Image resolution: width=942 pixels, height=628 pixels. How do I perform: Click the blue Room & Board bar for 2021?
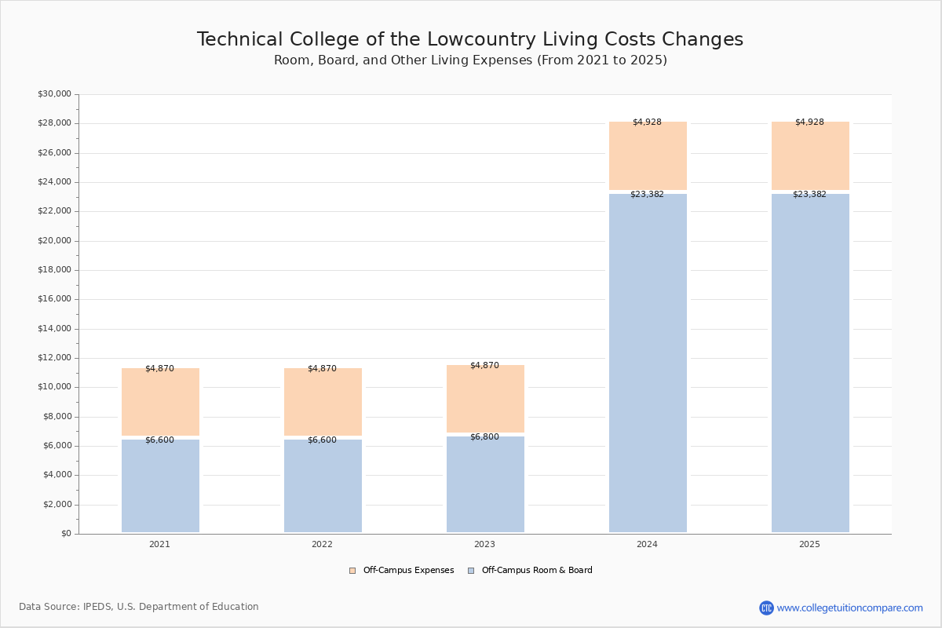[160, 487]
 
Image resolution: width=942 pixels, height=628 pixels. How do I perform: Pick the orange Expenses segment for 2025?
[810, 155]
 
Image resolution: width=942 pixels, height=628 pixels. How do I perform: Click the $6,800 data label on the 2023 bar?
[484, 437]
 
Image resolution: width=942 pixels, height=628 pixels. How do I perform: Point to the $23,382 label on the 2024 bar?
[647, 195]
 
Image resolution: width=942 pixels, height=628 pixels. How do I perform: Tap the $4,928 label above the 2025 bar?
[809, 122]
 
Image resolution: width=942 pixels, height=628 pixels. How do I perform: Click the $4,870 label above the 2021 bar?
[159, 369]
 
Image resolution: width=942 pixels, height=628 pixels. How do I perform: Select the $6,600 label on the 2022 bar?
[322, 440]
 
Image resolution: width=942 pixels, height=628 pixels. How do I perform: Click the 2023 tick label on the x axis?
[484, 545]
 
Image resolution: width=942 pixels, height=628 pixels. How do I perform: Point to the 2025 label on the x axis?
[809, 545]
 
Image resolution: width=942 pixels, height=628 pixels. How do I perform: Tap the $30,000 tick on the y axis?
[54, 94]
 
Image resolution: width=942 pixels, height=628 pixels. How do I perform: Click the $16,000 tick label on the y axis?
[54, 299]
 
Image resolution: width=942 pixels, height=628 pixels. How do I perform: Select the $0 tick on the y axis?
[66, 534]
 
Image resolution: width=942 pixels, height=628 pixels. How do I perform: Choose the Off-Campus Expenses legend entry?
[402, 571]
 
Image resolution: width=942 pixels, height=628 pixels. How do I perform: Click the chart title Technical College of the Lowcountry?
[470, 40]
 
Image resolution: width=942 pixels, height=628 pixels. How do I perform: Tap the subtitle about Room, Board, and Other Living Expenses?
[470, 60]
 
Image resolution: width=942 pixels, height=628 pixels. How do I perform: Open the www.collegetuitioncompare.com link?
[849, 608]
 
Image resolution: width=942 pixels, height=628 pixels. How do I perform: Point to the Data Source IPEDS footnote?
[139, 607]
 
